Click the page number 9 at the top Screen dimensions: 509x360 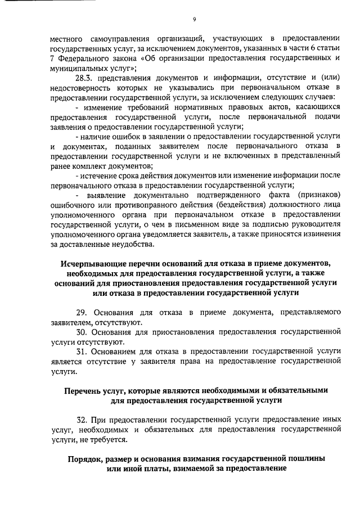pos(193,19)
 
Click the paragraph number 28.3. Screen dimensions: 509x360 pos(83,78)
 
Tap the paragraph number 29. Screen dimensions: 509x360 pos(80,312)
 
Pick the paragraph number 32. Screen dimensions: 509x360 pos(81,420)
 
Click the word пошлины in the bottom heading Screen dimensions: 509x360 pos(306,458)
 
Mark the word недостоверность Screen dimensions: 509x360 pos(79,88)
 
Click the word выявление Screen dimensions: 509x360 pos(106,196)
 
